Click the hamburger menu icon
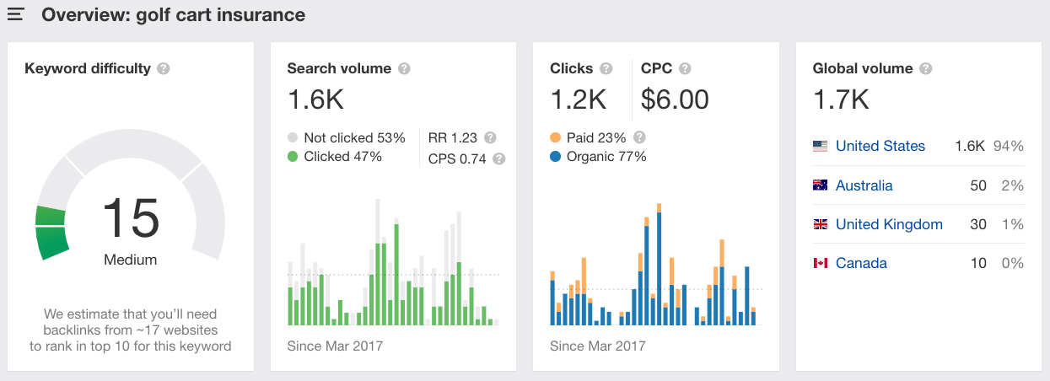coord(15,15)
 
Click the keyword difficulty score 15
coord(131,217)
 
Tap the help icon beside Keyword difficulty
coord(164,68)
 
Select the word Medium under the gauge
coord(131,260)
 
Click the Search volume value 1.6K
coord(315,100)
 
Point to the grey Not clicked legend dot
coord(293,137)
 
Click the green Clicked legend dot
coord(293,157)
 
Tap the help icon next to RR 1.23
coord(490,137)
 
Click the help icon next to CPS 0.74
coord(498,158)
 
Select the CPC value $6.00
coord(675,100)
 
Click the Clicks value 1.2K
coord(578,100)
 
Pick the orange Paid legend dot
coord(555,137)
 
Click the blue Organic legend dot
coord(555,157)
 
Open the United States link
coord(880,146)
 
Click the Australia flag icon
coord(820,185)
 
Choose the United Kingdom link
coord(889,224)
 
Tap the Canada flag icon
coord(820,263)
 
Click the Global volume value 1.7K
coord(841,100)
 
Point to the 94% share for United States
coord(1009,146)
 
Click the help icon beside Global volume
coord(927,68)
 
